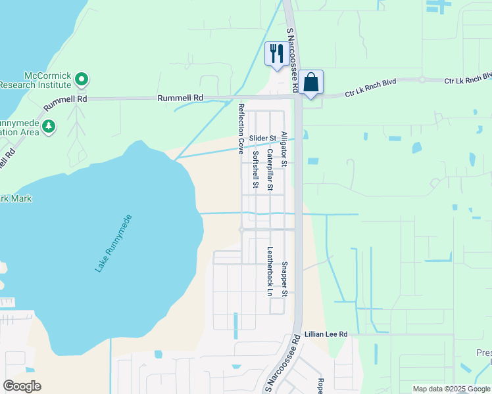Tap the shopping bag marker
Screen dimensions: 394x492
[312, 83]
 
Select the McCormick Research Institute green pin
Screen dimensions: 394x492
[82, 80]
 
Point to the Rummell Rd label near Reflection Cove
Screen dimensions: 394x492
[180, 98]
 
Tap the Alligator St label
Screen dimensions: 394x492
[284, 148]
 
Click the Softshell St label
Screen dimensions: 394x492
[255, 169]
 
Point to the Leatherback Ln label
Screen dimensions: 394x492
[269, 271]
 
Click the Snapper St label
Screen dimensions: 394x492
[284, 279]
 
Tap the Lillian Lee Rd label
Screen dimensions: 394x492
[325, 334]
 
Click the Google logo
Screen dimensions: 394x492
[22, 386]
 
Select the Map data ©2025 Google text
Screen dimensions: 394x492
[451, 389]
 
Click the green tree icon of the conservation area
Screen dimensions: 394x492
[48, 125]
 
